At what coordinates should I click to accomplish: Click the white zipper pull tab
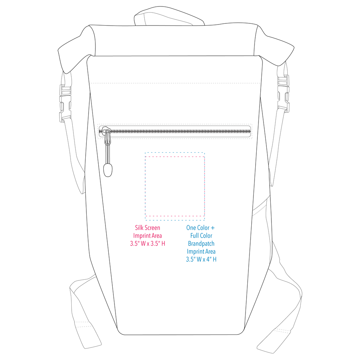click(108, 138)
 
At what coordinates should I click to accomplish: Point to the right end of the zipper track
click(248, 131)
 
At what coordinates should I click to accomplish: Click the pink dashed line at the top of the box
click(175, 157)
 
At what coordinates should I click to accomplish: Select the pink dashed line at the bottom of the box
click(175, 216)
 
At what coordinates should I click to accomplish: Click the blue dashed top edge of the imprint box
click(175, 153)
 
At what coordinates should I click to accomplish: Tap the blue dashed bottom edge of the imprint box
click(175, 220)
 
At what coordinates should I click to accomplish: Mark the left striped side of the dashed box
click(145, 186)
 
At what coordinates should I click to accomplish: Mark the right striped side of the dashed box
click(204, 186)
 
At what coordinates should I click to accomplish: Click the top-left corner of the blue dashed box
click(145, 153)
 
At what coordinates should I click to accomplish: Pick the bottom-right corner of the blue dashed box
click(204, 220)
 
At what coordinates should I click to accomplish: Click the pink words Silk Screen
click(148, 228)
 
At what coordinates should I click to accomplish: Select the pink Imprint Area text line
click(148, 236)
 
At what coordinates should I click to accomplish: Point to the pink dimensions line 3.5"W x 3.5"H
click(148, 244)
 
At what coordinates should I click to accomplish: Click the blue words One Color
click(198, 228)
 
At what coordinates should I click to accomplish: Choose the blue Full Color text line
click(201, 236)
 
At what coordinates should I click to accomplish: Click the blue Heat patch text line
click(201, 244)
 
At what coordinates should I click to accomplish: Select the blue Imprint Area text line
click(201, 251)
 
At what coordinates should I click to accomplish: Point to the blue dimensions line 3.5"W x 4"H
click(201, 259)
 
